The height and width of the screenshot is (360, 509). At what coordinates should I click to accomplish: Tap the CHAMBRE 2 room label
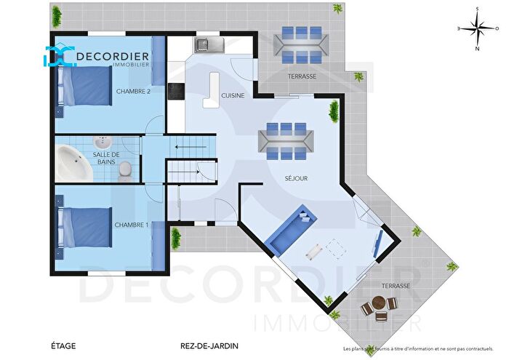tap(133, 91)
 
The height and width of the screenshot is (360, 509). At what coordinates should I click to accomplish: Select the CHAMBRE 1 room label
tap(132, 225)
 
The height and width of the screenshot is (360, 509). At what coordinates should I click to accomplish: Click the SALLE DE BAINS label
tap(106, 159)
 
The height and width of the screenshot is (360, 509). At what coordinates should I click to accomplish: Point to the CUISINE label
tap(233, 95)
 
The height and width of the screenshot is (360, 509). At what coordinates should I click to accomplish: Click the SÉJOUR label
tap(297, 177)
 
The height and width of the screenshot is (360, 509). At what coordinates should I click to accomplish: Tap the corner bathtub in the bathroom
tap(72, 160)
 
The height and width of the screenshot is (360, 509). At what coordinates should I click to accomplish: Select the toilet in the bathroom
tap(126, 169)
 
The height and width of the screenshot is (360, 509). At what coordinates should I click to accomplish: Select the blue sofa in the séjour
tap(292, 228)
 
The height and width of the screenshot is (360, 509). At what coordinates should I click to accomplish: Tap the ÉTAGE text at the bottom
tap(63, 346)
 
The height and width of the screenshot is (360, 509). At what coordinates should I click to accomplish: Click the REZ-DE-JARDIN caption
tap(209, 346)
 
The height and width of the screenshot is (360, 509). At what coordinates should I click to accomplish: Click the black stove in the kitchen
tap(175, 91)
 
